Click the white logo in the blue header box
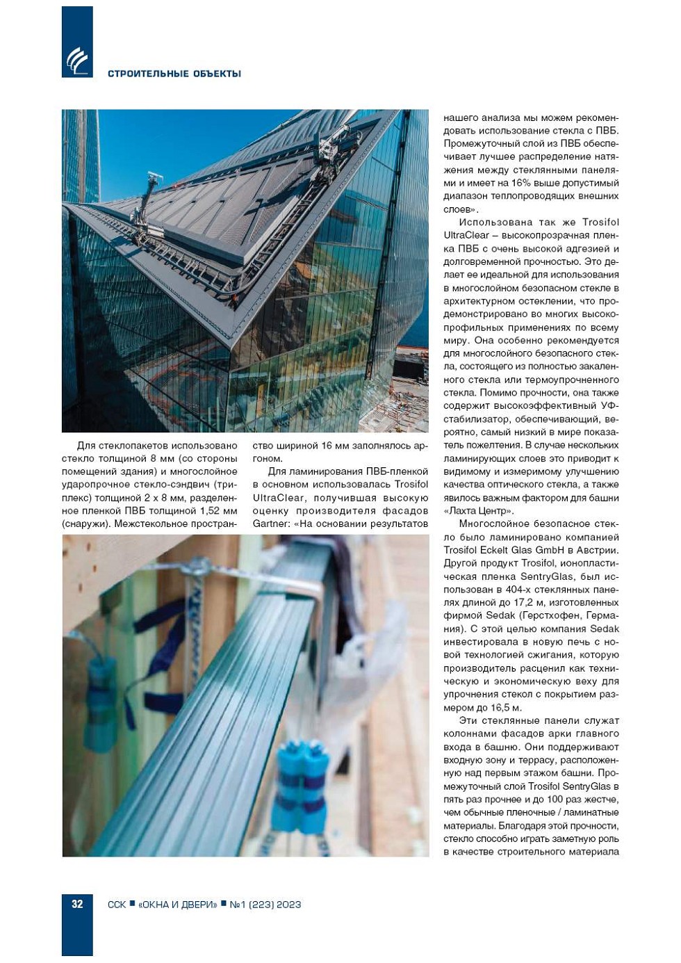tap(77, 60)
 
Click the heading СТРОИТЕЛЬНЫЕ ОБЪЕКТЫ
tap(174, 74)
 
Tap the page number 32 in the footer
tap(77, 904)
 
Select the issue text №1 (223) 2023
tap(265, 905)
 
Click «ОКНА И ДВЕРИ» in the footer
tap(177, 905)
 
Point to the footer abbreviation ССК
tap(117, 905)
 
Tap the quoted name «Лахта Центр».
tap(479, 511)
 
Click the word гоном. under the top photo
tap(268, 458)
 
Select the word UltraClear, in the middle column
tap(279, 498)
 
